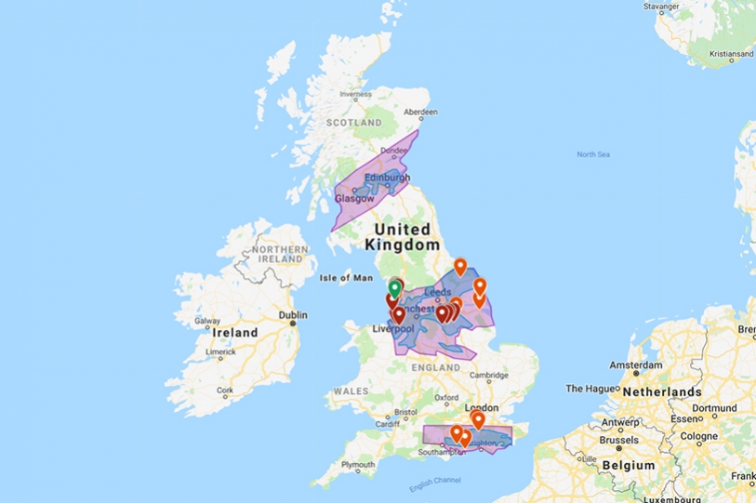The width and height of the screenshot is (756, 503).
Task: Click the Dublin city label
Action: click(293, 315)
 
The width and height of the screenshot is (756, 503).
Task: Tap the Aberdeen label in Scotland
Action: click(420, 113)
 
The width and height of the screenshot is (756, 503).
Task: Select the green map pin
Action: click(395, 287)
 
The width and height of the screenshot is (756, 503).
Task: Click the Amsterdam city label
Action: click(635, 366)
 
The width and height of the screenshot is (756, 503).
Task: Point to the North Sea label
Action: click(592, 154)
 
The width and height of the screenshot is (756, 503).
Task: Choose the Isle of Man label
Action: click(345, 277)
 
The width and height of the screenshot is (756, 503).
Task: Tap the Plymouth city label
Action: click(359, 464)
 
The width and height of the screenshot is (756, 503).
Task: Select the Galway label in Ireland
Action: click(207, 322)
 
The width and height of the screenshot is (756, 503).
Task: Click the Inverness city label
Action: click(355, 94)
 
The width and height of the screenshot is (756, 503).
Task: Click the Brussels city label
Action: click(618, 440)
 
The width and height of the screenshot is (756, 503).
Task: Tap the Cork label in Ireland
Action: click(225, 392)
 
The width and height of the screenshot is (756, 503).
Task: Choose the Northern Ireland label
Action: click(272, 256)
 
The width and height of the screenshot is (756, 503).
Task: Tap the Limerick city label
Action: click(220, 352)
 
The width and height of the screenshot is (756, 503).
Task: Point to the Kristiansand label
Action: click(731, 55)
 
